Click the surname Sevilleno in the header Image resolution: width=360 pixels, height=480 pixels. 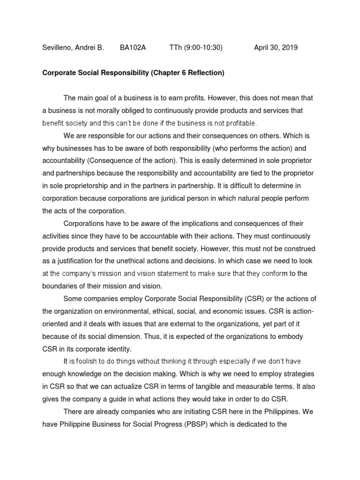pos(57,48)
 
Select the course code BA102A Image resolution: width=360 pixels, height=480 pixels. pos(133,48)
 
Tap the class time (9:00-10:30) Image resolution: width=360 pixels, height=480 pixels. pos(202,48)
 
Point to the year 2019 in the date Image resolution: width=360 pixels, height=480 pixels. pos(289,48)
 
